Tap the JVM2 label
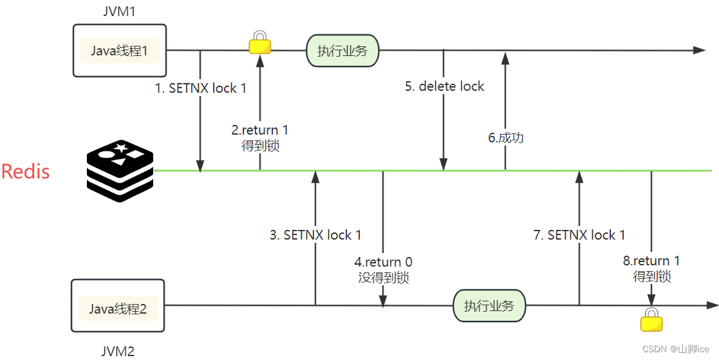tap(118, 351)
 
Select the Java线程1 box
tap(120, 51)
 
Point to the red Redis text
tap(26, 171)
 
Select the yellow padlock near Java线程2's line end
tap(651, 320)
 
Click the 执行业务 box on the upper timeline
tap(342, 51)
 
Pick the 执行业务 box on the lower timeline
tap(489, 306)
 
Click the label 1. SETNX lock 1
tap(201, 88)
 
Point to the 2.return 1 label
tap(260, 130)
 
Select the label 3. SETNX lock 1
tap(315, 235)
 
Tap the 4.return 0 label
tap(384, 262)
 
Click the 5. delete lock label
tap(444, 86)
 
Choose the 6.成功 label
tap(505, 137)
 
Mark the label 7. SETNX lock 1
tap(579, 235)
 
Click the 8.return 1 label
tap(651, 261)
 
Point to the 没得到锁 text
tap(384, 278)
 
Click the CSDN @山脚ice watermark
tap(676, 348)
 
